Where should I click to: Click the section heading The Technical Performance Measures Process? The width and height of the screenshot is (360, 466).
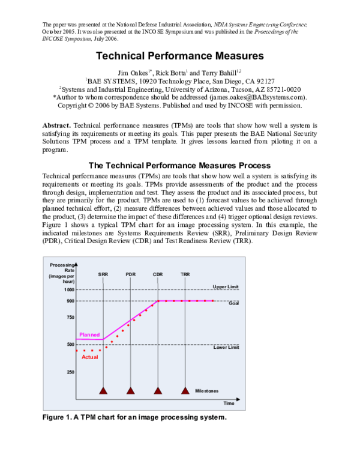tap(180, 165)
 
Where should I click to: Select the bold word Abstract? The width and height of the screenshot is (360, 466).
tap(57, 125)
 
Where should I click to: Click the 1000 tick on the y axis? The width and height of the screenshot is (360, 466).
tap(70, 290)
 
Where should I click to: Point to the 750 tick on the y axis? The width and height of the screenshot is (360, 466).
tap(71, 318)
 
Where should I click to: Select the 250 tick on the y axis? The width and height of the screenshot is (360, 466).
tap(71, 372)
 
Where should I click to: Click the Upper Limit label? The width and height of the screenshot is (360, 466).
tap(226, 286)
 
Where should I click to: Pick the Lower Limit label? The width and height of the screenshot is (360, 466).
tap(226, 348)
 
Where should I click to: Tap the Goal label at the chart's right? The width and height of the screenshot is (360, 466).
tap(234, 303)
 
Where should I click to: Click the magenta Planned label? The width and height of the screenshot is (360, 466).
tap(89, 334)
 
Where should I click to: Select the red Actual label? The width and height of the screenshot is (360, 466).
tap(89, 357)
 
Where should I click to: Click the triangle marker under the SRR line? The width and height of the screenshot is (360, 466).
tap(103, 390)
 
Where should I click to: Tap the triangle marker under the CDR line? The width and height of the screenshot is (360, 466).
tap(158, 390)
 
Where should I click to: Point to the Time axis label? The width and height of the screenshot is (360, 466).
tap(229, 403)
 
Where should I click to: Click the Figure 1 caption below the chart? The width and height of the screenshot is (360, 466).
tap(134, 417)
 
